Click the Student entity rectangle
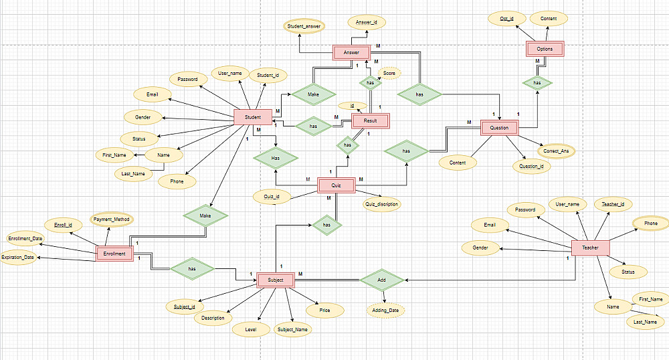(x=252, y=116)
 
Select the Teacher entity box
(x=590, y=248)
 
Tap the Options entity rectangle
(x=545, y=49)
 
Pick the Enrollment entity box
(x=114, y=254)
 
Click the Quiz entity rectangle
(x=336, y=185)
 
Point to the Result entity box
(x=370, y=120)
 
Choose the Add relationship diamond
(x=381, y=279)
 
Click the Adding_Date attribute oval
(x=385, y=310)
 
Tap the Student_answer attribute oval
(x=304, y=27)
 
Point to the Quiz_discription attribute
(x=381, y=204)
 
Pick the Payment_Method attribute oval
(x=112, y=219)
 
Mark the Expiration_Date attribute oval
(x=17, y=257)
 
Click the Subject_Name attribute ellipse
(x=293, y=329)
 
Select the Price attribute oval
(x=324, y=310)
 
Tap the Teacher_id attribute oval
(x=613, y=203)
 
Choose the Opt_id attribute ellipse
(x=506, y=18)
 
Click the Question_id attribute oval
(x=531, y=167)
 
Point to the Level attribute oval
(x=251, y=329)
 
